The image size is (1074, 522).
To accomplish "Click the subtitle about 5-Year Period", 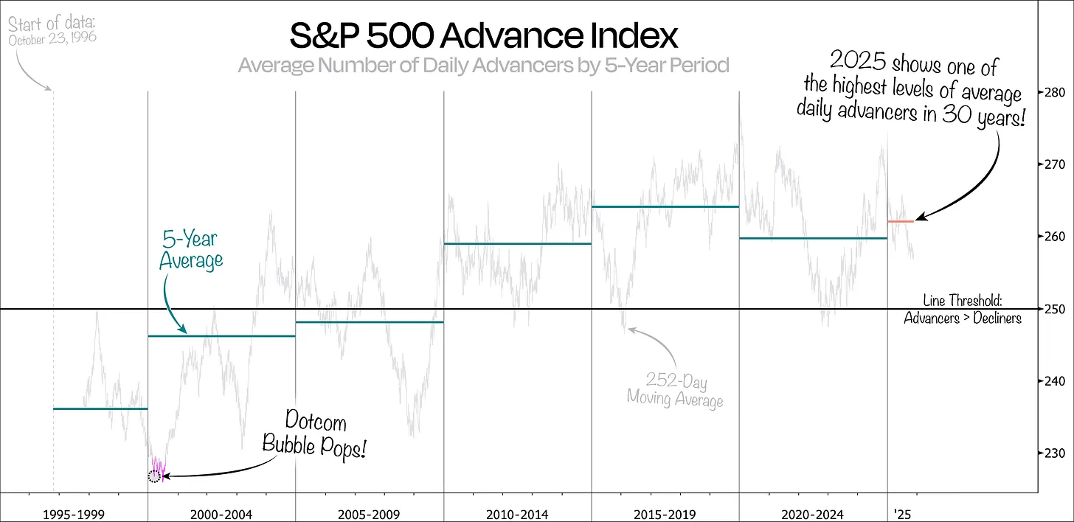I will [483, 66].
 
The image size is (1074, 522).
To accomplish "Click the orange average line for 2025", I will [901, 221].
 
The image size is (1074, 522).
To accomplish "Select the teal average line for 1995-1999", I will [100, 408].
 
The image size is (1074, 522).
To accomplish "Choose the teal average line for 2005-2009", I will [369, 321].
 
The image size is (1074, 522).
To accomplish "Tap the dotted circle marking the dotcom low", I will [154, 476].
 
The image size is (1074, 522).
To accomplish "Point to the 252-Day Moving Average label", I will [673, 390].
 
